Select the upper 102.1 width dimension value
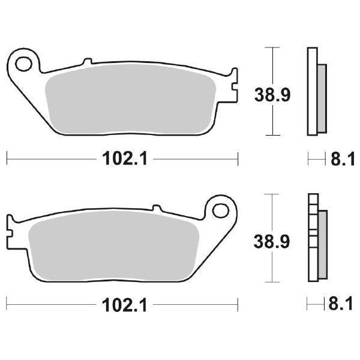click(x=122, y=158)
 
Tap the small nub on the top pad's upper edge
click(x=88, y=61)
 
